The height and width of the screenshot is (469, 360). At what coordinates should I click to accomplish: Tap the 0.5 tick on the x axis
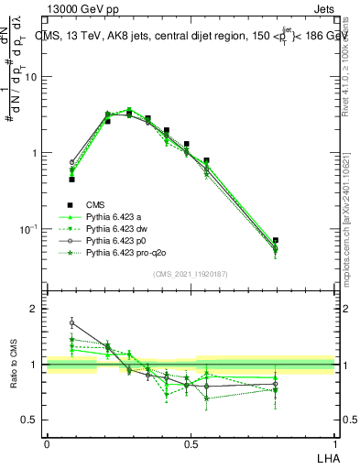[191, 442]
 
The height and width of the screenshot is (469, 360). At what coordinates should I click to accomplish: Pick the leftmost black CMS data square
[71, 180]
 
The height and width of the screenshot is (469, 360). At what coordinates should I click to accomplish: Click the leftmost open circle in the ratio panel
[71, 322]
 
